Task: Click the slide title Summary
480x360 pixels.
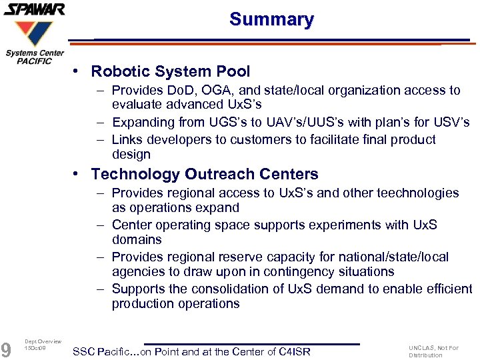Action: (x=271, y=19)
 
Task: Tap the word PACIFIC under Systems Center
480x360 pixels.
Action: (x=35, y=61)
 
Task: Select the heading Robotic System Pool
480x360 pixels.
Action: (x=171, y=71)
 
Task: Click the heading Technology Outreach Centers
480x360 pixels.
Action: (x=205, y=175)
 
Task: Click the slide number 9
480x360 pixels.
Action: (x=6, y=349)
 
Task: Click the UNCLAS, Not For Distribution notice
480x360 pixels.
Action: (x=433, y=351)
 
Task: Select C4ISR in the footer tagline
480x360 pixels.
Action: (x=294, y=351)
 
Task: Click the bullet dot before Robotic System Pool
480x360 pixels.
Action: (x=78, y=71)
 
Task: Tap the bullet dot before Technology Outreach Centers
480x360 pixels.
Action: (x=78, y=174)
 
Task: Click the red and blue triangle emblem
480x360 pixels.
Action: (x=35, y=33)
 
